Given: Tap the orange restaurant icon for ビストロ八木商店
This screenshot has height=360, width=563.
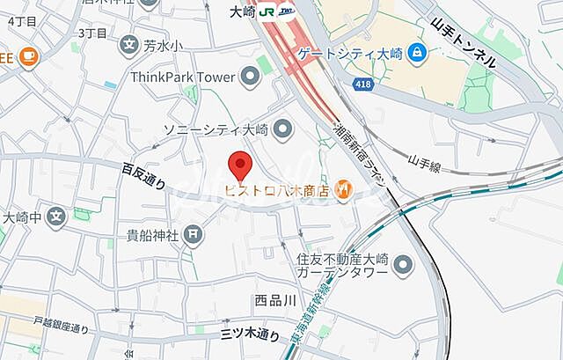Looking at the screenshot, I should (345, 188).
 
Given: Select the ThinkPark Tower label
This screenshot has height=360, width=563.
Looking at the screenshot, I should (182, 77).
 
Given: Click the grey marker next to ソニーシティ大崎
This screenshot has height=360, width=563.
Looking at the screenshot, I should (282, 130).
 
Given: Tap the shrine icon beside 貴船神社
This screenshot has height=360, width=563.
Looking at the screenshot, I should (194, 234).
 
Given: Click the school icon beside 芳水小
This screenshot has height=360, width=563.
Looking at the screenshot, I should (129, 43).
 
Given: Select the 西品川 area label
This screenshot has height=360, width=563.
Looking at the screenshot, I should (275, 300).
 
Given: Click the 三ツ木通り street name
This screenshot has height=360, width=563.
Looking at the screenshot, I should (251, 334).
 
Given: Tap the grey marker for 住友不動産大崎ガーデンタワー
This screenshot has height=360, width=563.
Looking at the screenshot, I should (404, 264).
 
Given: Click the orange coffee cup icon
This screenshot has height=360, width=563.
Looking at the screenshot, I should (27, 55).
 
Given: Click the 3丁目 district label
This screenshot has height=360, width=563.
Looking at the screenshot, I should (92, 33).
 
